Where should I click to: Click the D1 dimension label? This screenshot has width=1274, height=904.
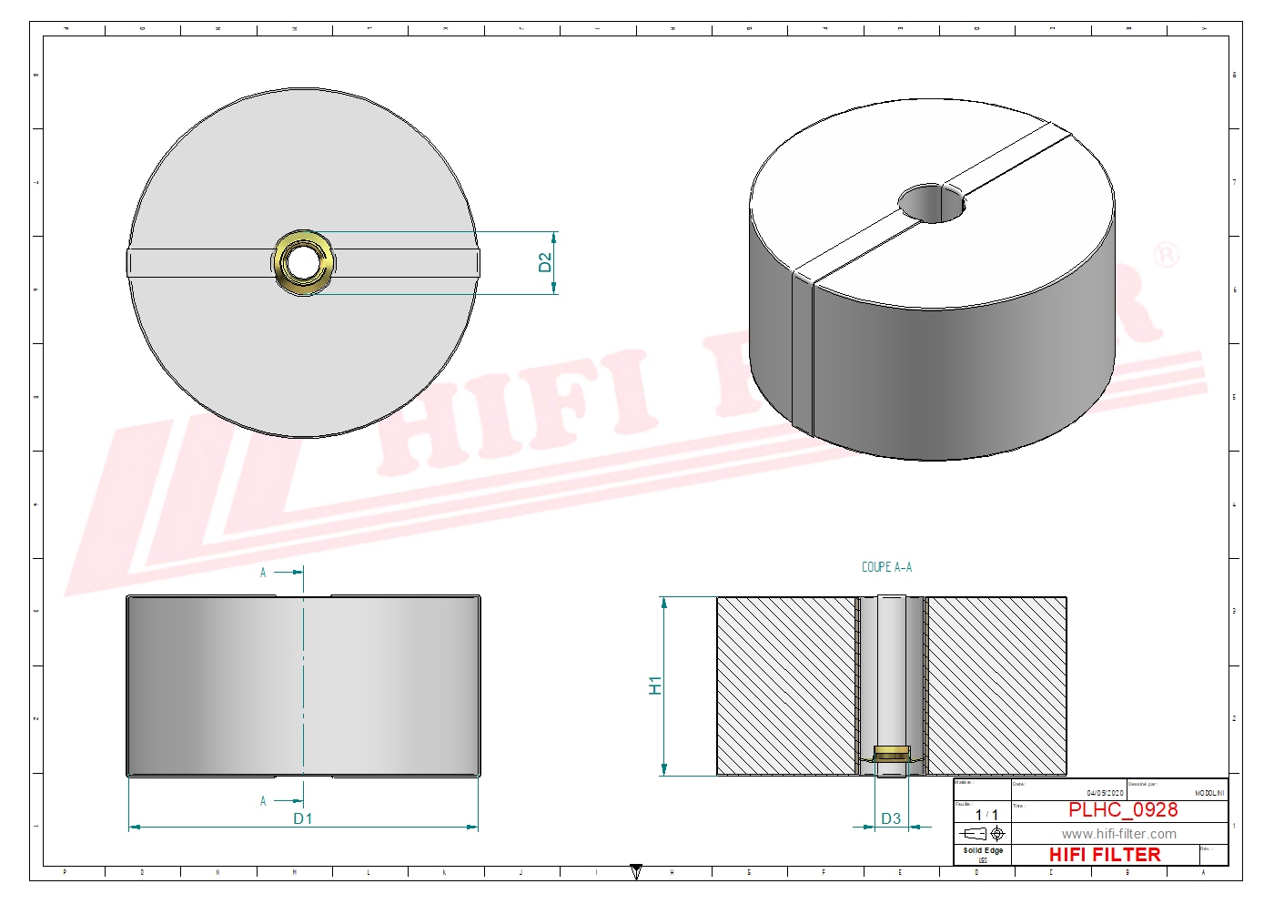303,818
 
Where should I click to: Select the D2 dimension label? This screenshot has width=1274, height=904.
545,262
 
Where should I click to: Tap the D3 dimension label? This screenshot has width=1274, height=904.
891,818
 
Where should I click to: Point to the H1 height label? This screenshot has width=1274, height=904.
655,686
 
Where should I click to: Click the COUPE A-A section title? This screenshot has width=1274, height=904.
886,567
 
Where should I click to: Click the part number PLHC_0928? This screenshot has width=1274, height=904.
1122,809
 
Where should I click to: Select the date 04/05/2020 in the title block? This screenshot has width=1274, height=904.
1105,793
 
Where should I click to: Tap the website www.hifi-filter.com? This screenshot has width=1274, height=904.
1118,834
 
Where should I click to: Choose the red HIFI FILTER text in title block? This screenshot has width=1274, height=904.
1105,855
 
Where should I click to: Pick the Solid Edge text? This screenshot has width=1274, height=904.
983,850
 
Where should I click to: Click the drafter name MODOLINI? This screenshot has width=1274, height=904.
1209,793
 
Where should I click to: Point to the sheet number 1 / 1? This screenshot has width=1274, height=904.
986,815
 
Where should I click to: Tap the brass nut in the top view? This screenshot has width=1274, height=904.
303,262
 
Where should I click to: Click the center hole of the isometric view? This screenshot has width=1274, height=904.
931,203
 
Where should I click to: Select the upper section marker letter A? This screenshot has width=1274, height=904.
263,573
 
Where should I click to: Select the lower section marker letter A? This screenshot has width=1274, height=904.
263,801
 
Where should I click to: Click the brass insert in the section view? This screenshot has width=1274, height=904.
891,754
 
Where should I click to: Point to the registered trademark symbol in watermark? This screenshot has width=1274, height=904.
1166,255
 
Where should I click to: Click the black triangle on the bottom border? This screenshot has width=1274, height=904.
636,871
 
